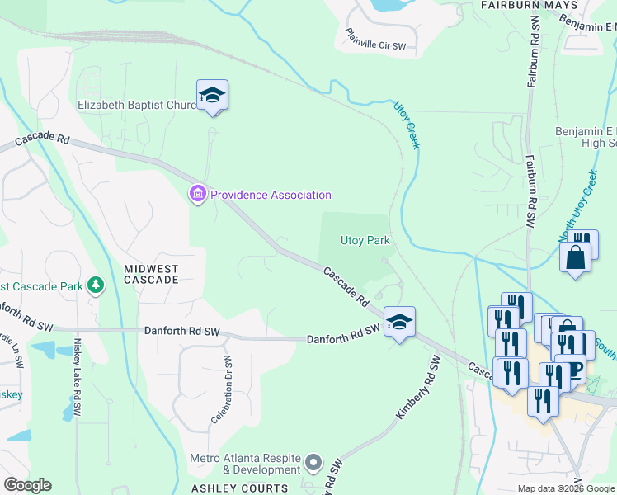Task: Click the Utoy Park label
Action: [x=365, y=241]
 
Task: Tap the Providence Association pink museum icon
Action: [x=197, y=195]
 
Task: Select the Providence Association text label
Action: [x=271, y=196]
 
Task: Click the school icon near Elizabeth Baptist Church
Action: [x=212, y=96]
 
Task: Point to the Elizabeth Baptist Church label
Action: [x=136, y=105]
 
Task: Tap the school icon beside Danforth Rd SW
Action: [x=399, y=322]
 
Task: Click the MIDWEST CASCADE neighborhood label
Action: [x=151, y=274]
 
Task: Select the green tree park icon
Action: [x=97, y=285]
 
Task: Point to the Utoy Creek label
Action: [x=407, y=125]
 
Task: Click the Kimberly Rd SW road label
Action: [x=418, y=385]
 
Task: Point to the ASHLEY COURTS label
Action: [x=240, y=488]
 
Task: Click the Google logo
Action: [x=26, y=485]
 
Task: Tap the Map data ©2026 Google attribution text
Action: [x=567, y=488]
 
